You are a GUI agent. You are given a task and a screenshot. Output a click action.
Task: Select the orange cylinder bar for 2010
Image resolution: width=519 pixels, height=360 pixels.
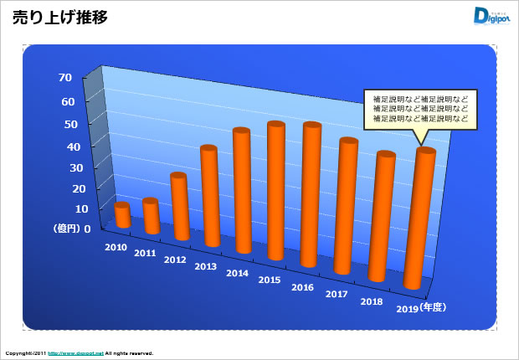point(122,215)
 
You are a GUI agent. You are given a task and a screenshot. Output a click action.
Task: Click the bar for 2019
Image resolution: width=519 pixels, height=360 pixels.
point(419,219)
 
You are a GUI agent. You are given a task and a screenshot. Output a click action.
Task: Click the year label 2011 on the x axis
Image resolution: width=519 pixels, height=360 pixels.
point(145,253)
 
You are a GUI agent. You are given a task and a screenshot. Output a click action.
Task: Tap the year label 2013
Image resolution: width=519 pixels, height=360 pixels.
point(205,266)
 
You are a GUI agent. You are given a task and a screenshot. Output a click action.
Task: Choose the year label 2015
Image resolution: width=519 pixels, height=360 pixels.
point(270,280)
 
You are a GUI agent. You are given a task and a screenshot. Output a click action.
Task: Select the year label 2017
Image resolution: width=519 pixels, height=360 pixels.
point(337,294)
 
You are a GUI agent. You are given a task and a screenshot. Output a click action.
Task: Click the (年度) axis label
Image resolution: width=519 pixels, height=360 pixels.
point(436,307)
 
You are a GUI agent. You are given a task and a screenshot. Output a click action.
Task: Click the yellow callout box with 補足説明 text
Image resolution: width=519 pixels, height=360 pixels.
point(420,109)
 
